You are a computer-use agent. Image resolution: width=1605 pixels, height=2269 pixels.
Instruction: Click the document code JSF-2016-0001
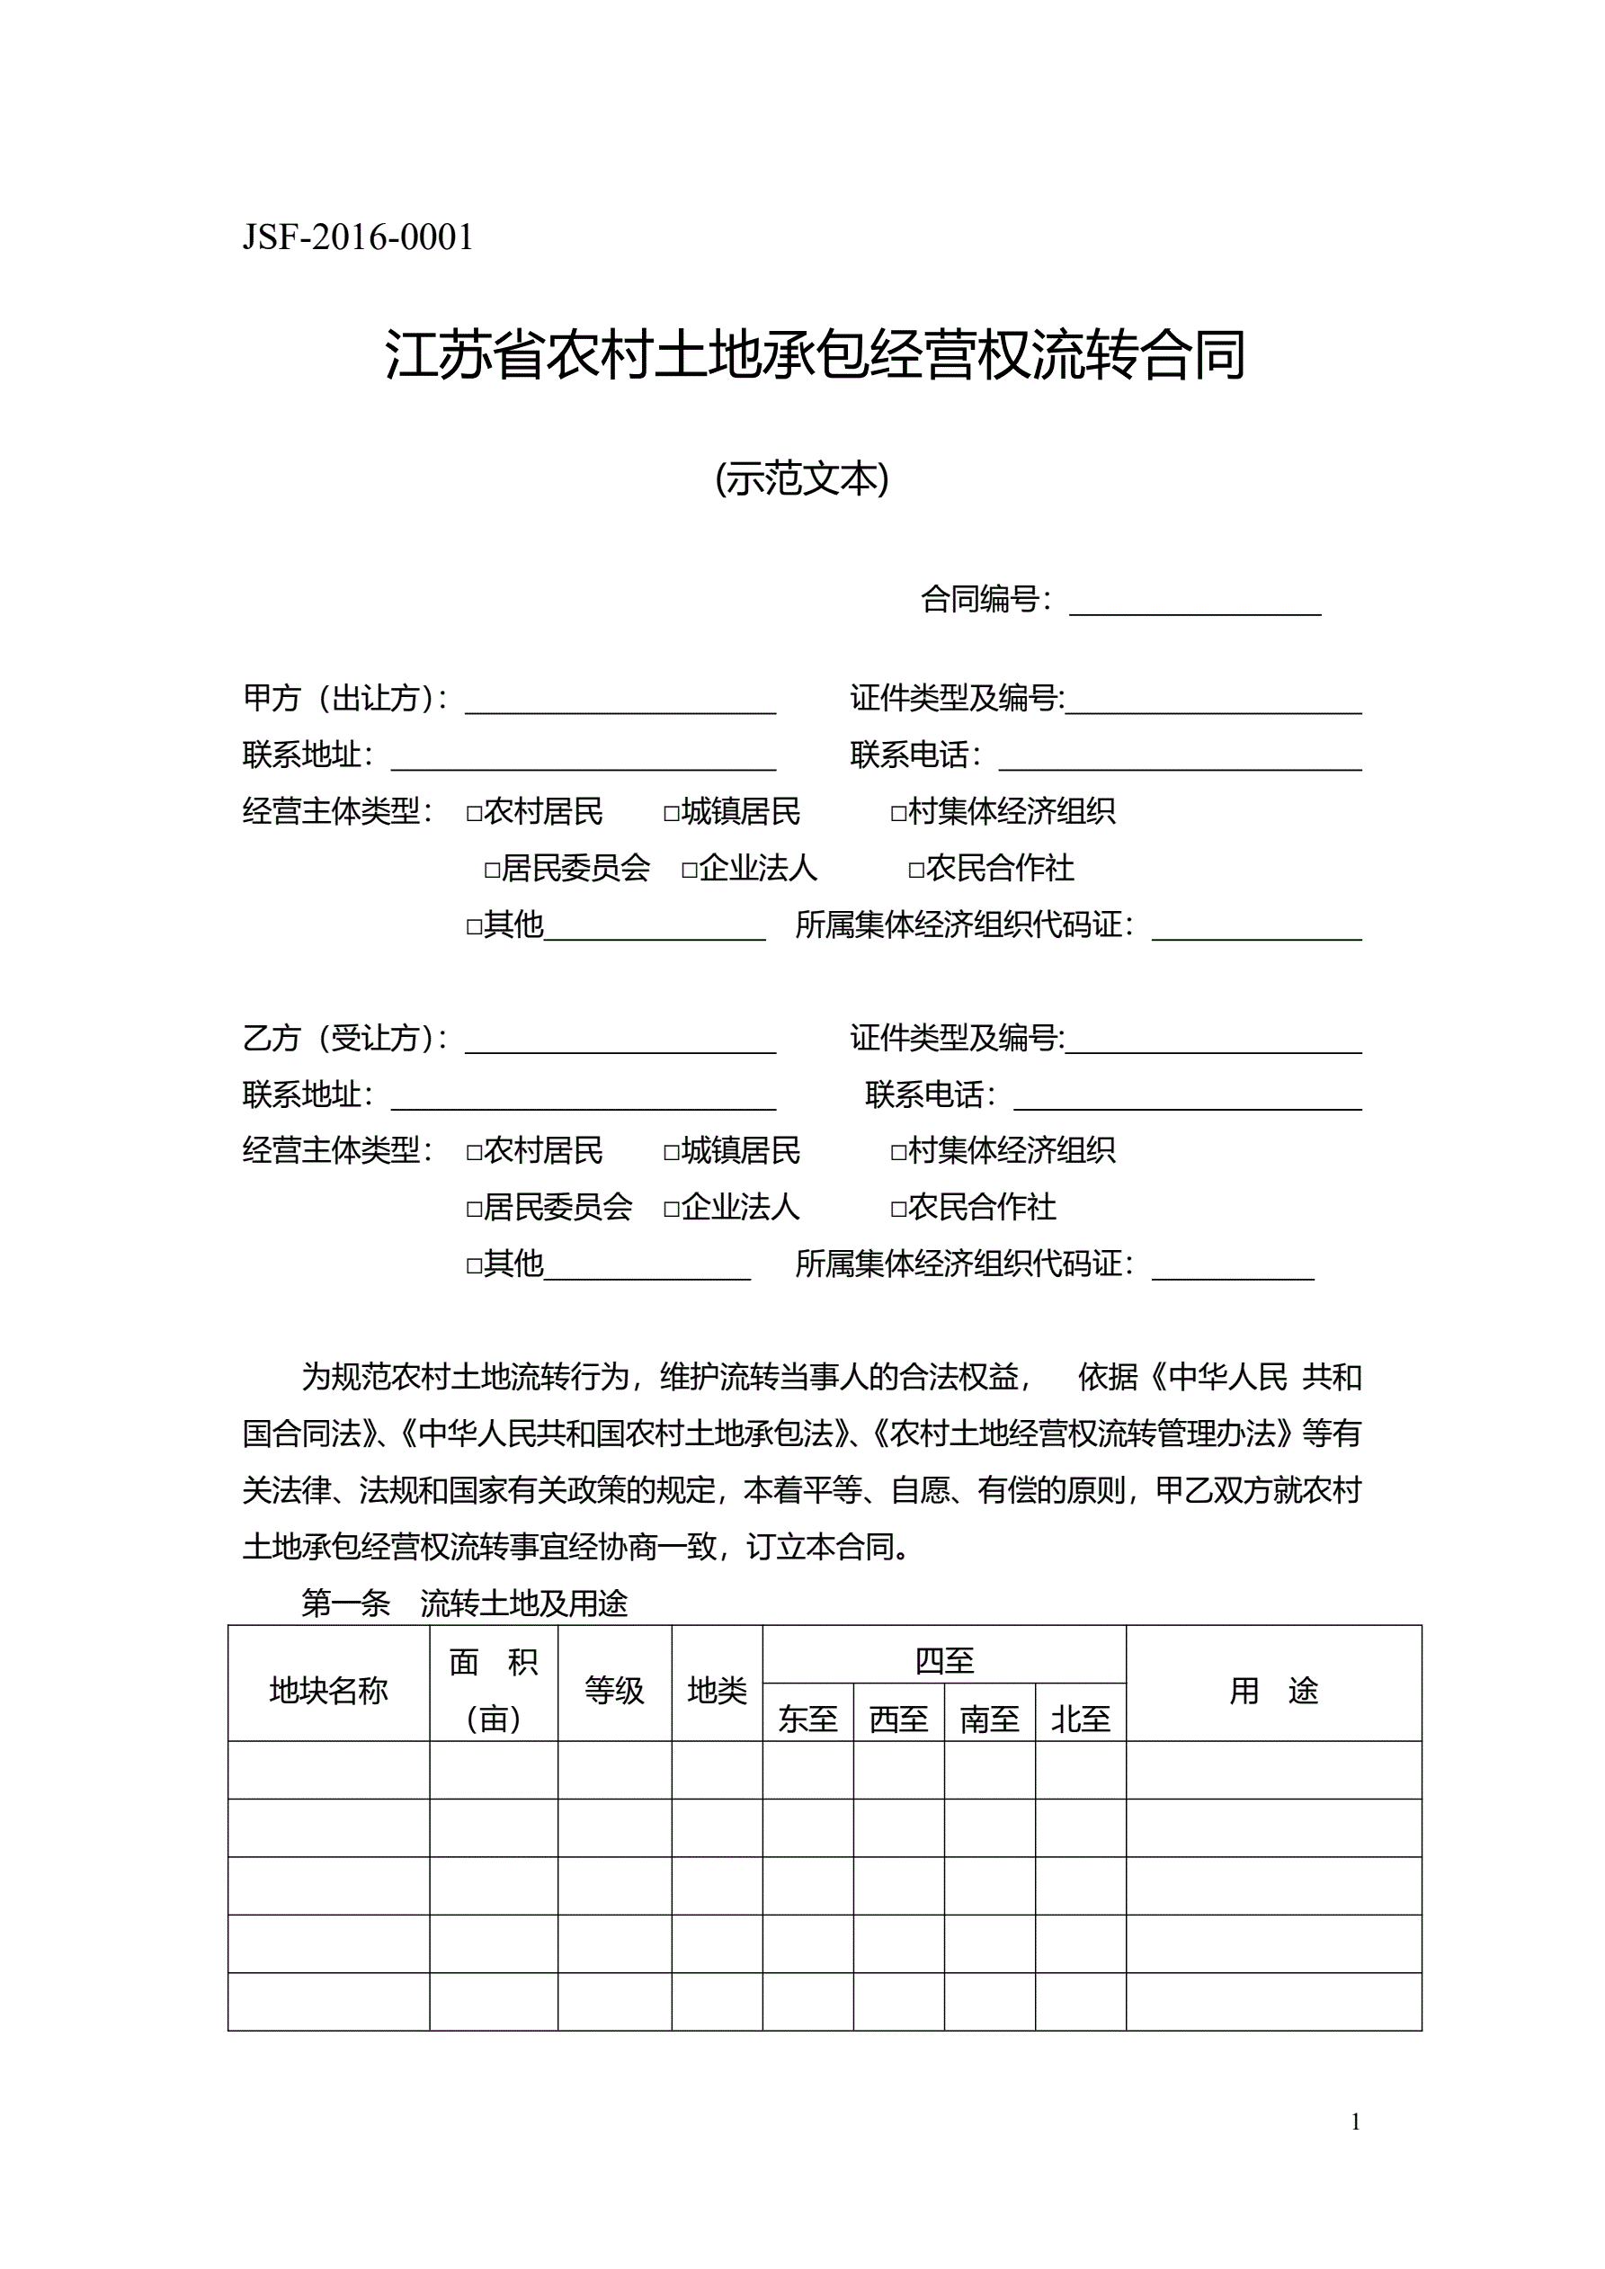point(358,238)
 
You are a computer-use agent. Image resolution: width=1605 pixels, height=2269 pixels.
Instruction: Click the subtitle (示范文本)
point(801,479)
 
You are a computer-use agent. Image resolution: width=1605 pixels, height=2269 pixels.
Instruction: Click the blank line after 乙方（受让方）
point(620,1041)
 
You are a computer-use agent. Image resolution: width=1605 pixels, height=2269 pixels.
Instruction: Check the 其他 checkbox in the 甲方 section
point(475,927)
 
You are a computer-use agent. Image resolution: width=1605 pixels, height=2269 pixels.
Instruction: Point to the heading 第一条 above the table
point(346,1603)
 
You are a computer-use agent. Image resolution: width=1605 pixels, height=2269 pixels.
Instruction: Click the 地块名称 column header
point(328,1691)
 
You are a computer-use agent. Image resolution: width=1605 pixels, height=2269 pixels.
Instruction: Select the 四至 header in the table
point(944,1661)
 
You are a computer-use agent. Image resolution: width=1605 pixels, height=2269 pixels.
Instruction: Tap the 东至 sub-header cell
point(807,1720)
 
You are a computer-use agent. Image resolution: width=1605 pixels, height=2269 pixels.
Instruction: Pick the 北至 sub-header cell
point(1080,1720)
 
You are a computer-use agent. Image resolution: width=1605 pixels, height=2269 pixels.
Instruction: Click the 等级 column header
point(614,1691)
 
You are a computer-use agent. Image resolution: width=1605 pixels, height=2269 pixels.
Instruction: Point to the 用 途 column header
point(1273,1691)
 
